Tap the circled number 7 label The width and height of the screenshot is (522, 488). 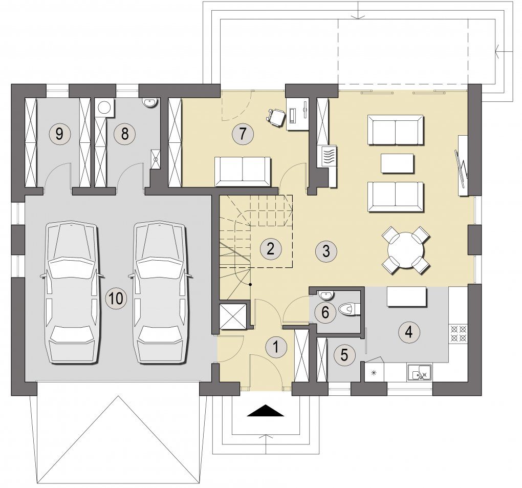(x=243, y=134)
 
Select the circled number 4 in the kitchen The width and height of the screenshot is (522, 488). (x=409, y=332)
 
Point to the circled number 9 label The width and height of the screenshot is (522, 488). (x=59, y=134)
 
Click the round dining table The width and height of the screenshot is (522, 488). (x=406, y=250)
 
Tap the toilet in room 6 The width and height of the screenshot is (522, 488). (x=348, y=309)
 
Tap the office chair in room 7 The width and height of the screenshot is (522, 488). (x=276, y=117)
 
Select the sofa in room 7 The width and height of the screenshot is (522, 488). (x=243, y=171)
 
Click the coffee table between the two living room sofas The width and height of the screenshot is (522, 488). (x=397, y=163)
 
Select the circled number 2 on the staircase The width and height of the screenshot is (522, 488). (x=270, y=248)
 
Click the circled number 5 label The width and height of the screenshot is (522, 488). (x=344, y=355)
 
